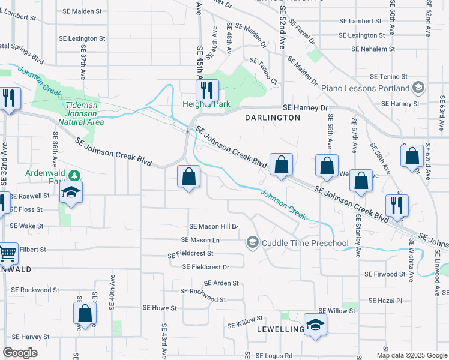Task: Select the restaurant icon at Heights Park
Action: tap(207, 91)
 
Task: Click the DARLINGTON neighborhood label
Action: tap(273, 118)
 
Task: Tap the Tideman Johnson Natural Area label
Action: tap(84, 114)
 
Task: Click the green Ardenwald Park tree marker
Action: tap(74, 176)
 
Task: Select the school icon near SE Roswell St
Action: tap(71, 192)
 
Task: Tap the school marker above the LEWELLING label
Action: tap(315, 325)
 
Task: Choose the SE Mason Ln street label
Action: tap(201, 240)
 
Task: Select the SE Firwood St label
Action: tap(385, 274)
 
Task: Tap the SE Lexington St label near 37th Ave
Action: tap(83, 38)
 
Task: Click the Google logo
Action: tap(20, 353)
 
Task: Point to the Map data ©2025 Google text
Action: tap(411, 355)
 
